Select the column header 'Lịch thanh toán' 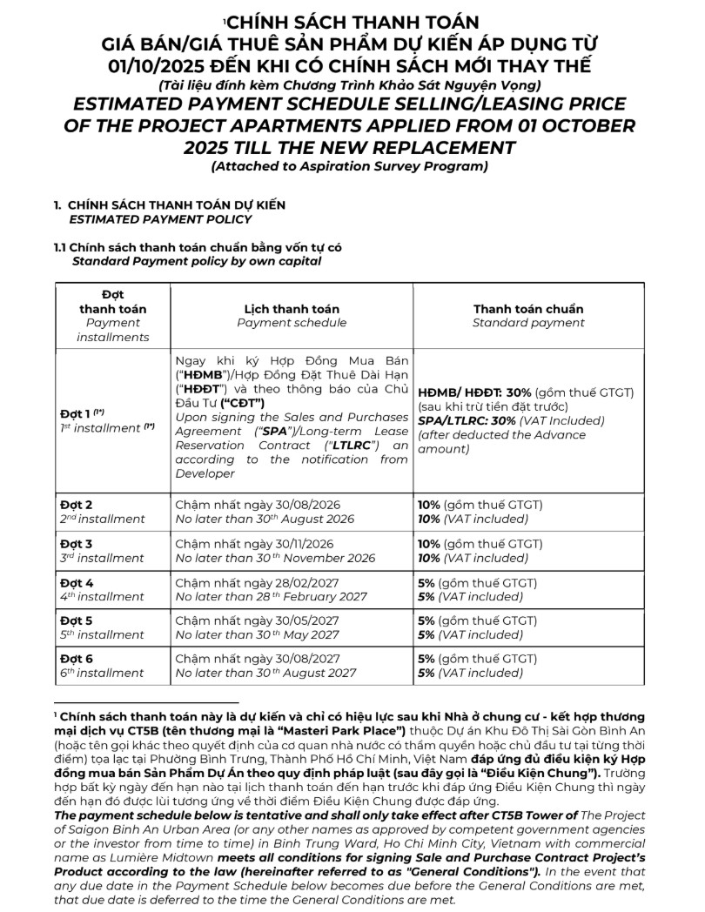(292, 309)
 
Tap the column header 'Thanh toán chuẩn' (528, 309)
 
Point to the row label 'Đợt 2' (77, 504)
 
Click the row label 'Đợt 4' (77, 582)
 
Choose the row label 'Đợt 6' (77, 658)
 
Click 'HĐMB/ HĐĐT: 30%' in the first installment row (474, 392)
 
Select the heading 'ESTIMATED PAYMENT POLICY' (160, 219)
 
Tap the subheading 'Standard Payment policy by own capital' (197, 260)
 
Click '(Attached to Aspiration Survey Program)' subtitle (349, 166)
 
